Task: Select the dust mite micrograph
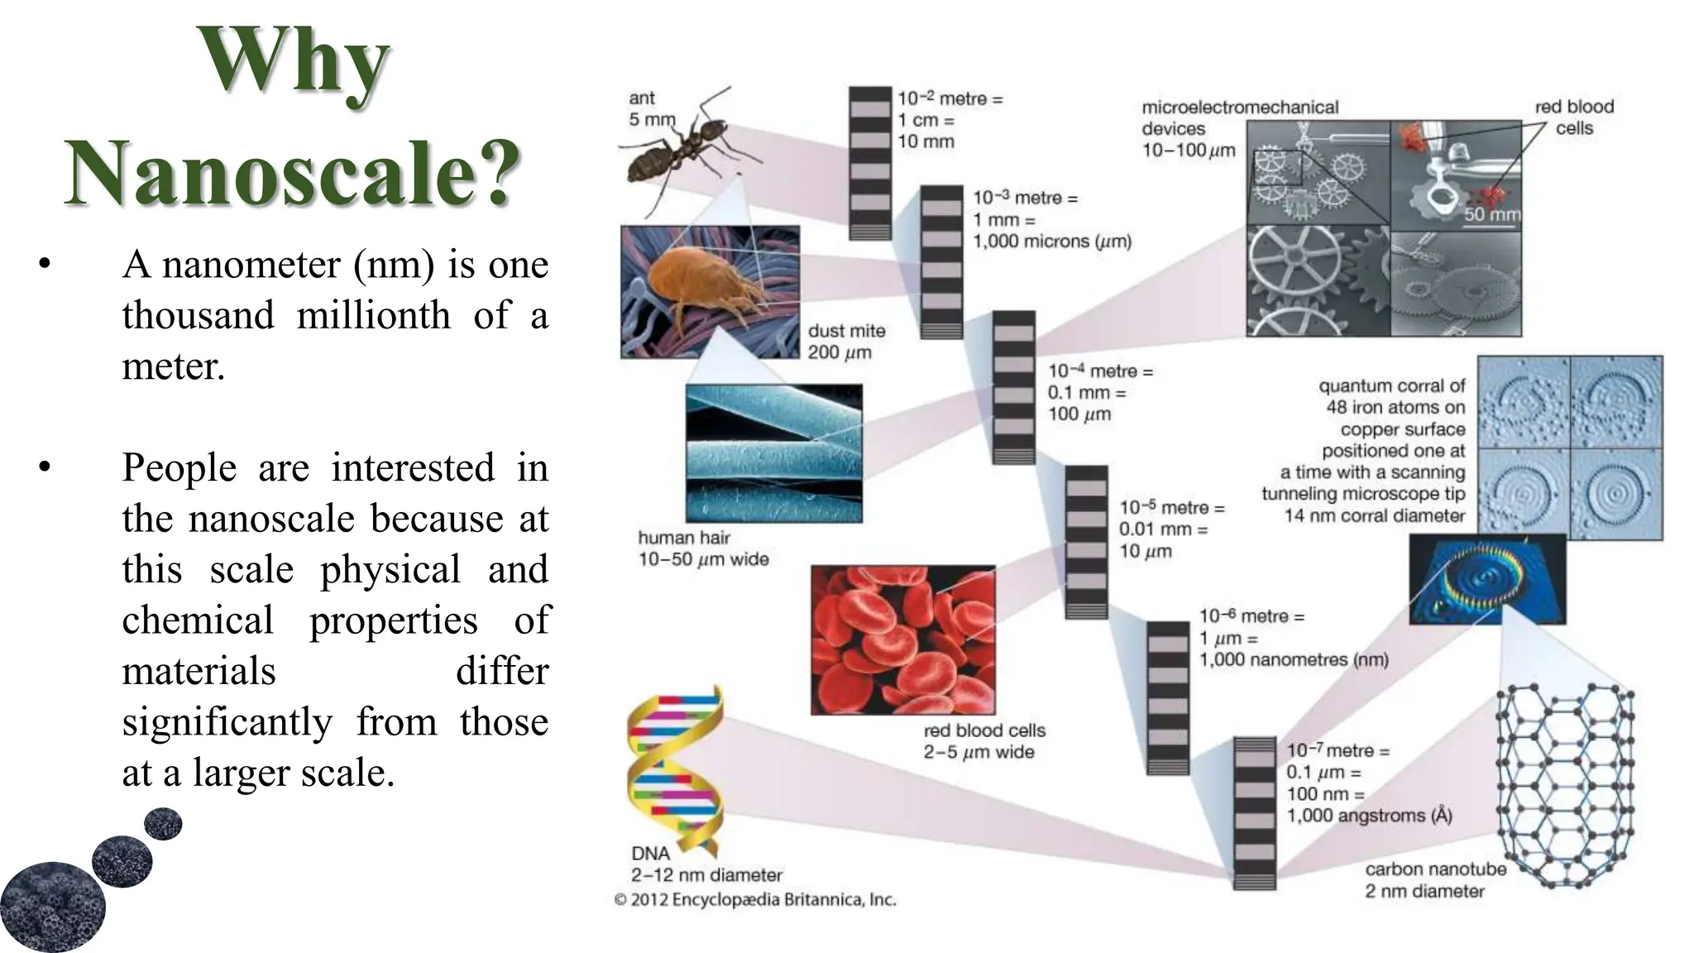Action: (x=710, y=292)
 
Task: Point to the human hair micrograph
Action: (x=773, y=453)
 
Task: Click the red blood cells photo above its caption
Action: (x=902, y=639)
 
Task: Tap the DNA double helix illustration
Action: (x=675, y=769)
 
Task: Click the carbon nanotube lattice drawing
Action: (x=1565, y=786)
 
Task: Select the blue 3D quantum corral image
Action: (x=1486, y=578)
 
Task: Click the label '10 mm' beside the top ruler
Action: (x=926, y=141)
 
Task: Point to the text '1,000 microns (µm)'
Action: (x=1051, y=242)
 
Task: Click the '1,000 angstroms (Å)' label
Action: (x=1369, y=816)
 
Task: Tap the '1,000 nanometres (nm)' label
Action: (x=1294, y=660)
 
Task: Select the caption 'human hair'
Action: (x=683, y=538)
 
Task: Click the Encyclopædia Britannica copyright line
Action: (x=754, y=900)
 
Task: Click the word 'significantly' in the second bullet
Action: (x=227, y=721)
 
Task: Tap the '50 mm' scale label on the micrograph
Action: (x=1491, y=215)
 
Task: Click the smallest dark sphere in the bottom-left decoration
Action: (x=163, y=824)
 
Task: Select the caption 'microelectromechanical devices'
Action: (x=1239, y=117)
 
